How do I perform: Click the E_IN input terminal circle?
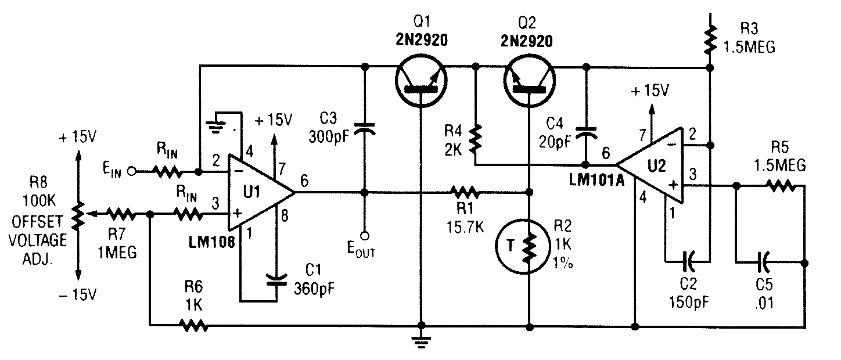(132, 172)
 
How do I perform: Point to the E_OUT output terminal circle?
(365, 236)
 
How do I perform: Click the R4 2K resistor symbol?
(476, 139)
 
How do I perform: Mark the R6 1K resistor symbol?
(195, 325)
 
